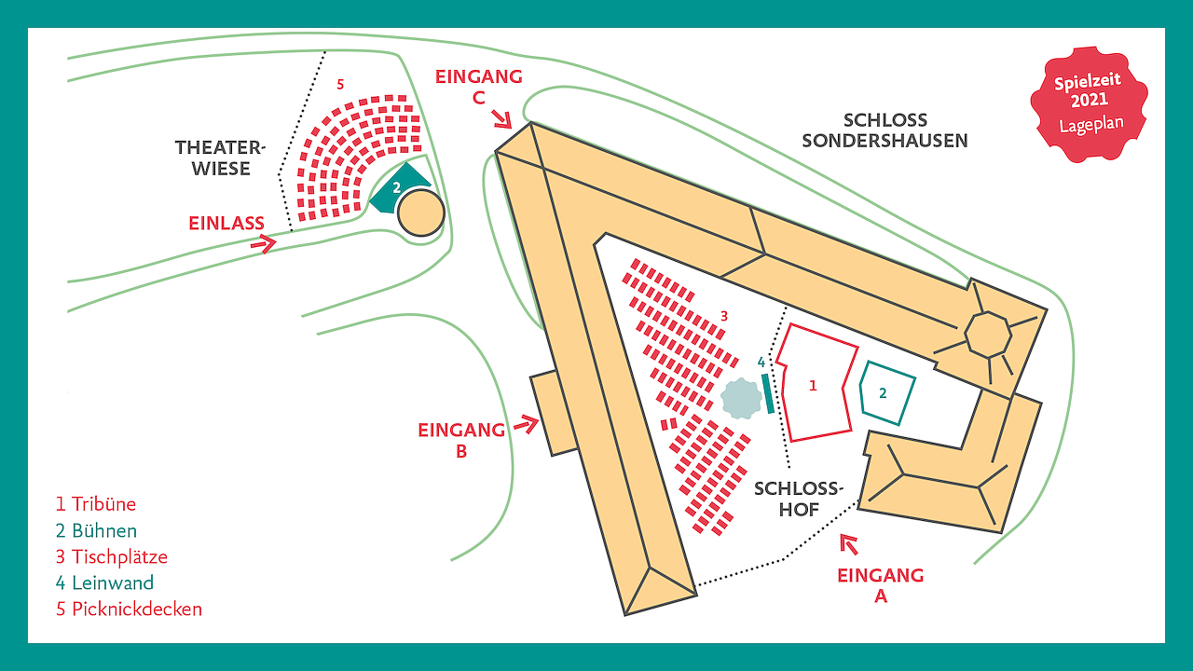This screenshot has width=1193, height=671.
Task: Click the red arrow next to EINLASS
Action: point(266,244)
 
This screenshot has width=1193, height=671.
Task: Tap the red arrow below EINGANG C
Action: point(502,117)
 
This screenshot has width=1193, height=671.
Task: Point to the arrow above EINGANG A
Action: point(849,543)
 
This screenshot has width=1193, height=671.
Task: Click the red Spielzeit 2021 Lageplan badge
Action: point(1088,104)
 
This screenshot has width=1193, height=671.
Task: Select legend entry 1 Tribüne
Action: point(95,504)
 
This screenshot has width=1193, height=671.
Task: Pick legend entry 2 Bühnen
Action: point(95,530)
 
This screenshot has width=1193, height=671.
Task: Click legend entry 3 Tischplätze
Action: point(111,556)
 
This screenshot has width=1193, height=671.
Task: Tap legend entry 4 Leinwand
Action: point(103,582)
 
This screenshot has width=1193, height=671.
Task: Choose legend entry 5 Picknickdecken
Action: point(128,609)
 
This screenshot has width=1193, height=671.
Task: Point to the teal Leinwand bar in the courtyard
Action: point(768,393)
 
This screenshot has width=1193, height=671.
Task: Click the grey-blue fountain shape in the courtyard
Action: point(741,398)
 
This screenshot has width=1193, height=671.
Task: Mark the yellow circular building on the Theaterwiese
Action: point(420,213)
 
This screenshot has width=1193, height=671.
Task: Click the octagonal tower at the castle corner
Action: point(988,334)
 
